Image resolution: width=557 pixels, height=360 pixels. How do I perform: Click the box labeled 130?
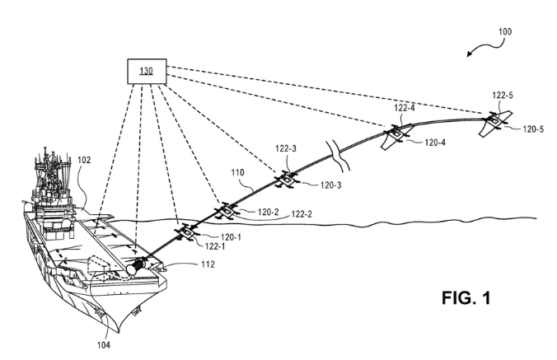coord(146,71)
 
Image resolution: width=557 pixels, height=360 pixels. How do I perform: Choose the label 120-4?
coord(436,143)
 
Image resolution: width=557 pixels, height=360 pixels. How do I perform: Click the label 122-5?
coord(502,95)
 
